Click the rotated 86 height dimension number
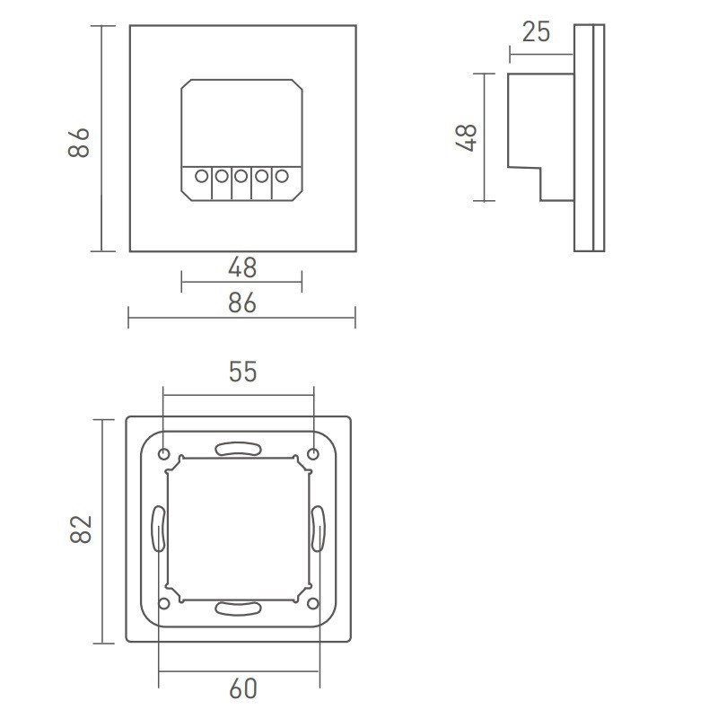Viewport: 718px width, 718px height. [x=79, y=142]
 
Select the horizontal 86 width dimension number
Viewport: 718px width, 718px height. [x=242, y=303]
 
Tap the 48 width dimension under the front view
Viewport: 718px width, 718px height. [x=242, y=267]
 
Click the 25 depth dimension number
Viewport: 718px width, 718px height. [x=536, y=32]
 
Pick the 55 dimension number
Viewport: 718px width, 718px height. [x=242, y=372]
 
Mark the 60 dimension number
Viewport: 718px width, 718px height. [x=242, y=688]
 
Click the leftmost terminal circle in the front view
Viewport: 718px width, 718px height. [x=200, y=177]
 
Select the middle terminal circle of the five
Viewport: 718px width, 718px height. [x=241, y=177]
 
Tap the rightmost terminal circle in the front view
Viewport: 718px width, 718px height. [x=282, y=177]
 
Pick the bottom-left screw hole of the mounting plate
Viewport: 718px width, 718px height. [x=164, y=602]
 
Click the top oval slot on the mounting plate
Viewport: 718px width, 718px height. [x=237, y=449]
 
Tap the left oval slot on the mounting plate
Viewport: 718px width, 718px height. [x=158, y=529]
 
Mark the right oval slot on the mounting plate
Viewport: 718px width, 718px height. [x=318, y=529]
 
